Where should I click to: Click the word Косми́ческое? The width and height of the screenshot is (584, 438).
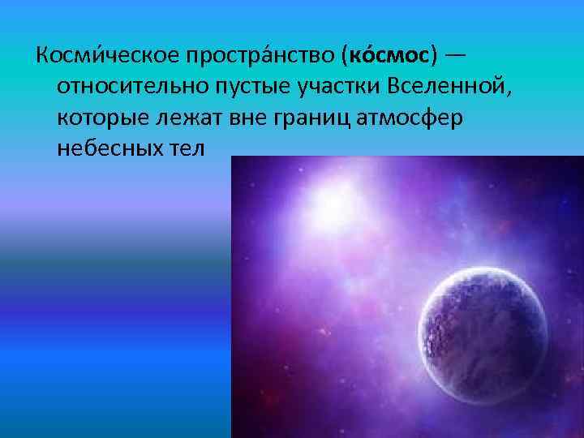pyautogui.click(x=101, y=57)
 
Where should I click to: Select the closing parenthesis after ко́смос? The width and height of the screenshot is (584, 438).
pyautogui.click(x=436, y=57)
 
